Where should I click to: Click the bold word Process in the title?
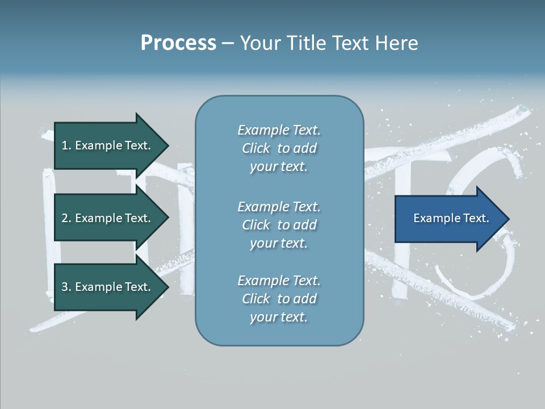pos(178,43)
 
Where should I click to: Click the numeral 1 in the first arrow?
pos(64,145)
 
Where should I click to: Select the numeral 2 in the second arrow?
pos(65,218)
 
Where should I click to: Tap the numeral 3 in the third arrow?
pos(65,287)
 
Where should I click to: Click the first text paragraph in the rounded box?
pos(279,148)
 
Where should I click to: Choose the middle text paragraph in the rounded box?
pos(279,225)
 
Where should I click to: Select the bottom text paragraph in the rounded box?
pos(279,299)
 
